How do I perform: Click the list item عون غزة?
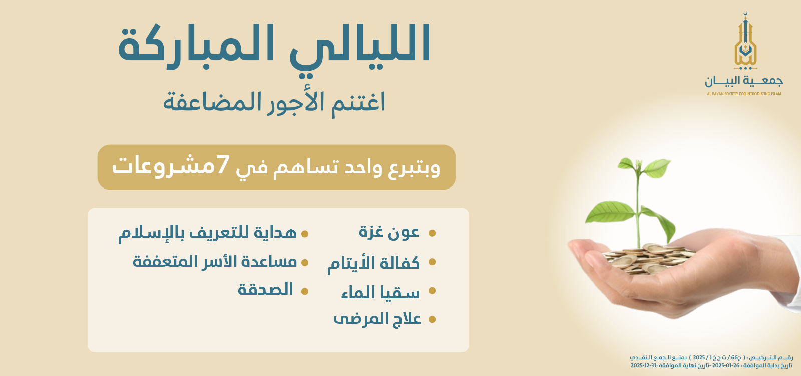click(389, 232)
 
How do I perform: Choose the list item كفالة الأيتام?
click(373, 263)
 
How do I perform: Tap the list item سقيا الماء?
click(380, 292)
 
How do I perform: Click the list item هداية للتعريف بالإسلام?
click(208, 233)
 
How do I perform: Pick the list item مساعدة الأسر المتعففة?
click(215, 261)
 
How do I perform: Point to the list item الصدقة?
click(265, 290)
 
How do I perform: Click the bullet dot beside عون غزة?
click(432, 233)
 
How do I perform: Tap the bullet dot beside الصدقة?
click(304, 291)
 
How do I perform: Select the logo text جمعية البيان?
click(744, 81)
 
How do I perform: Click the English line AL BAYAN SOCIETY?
click(744, 94)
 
